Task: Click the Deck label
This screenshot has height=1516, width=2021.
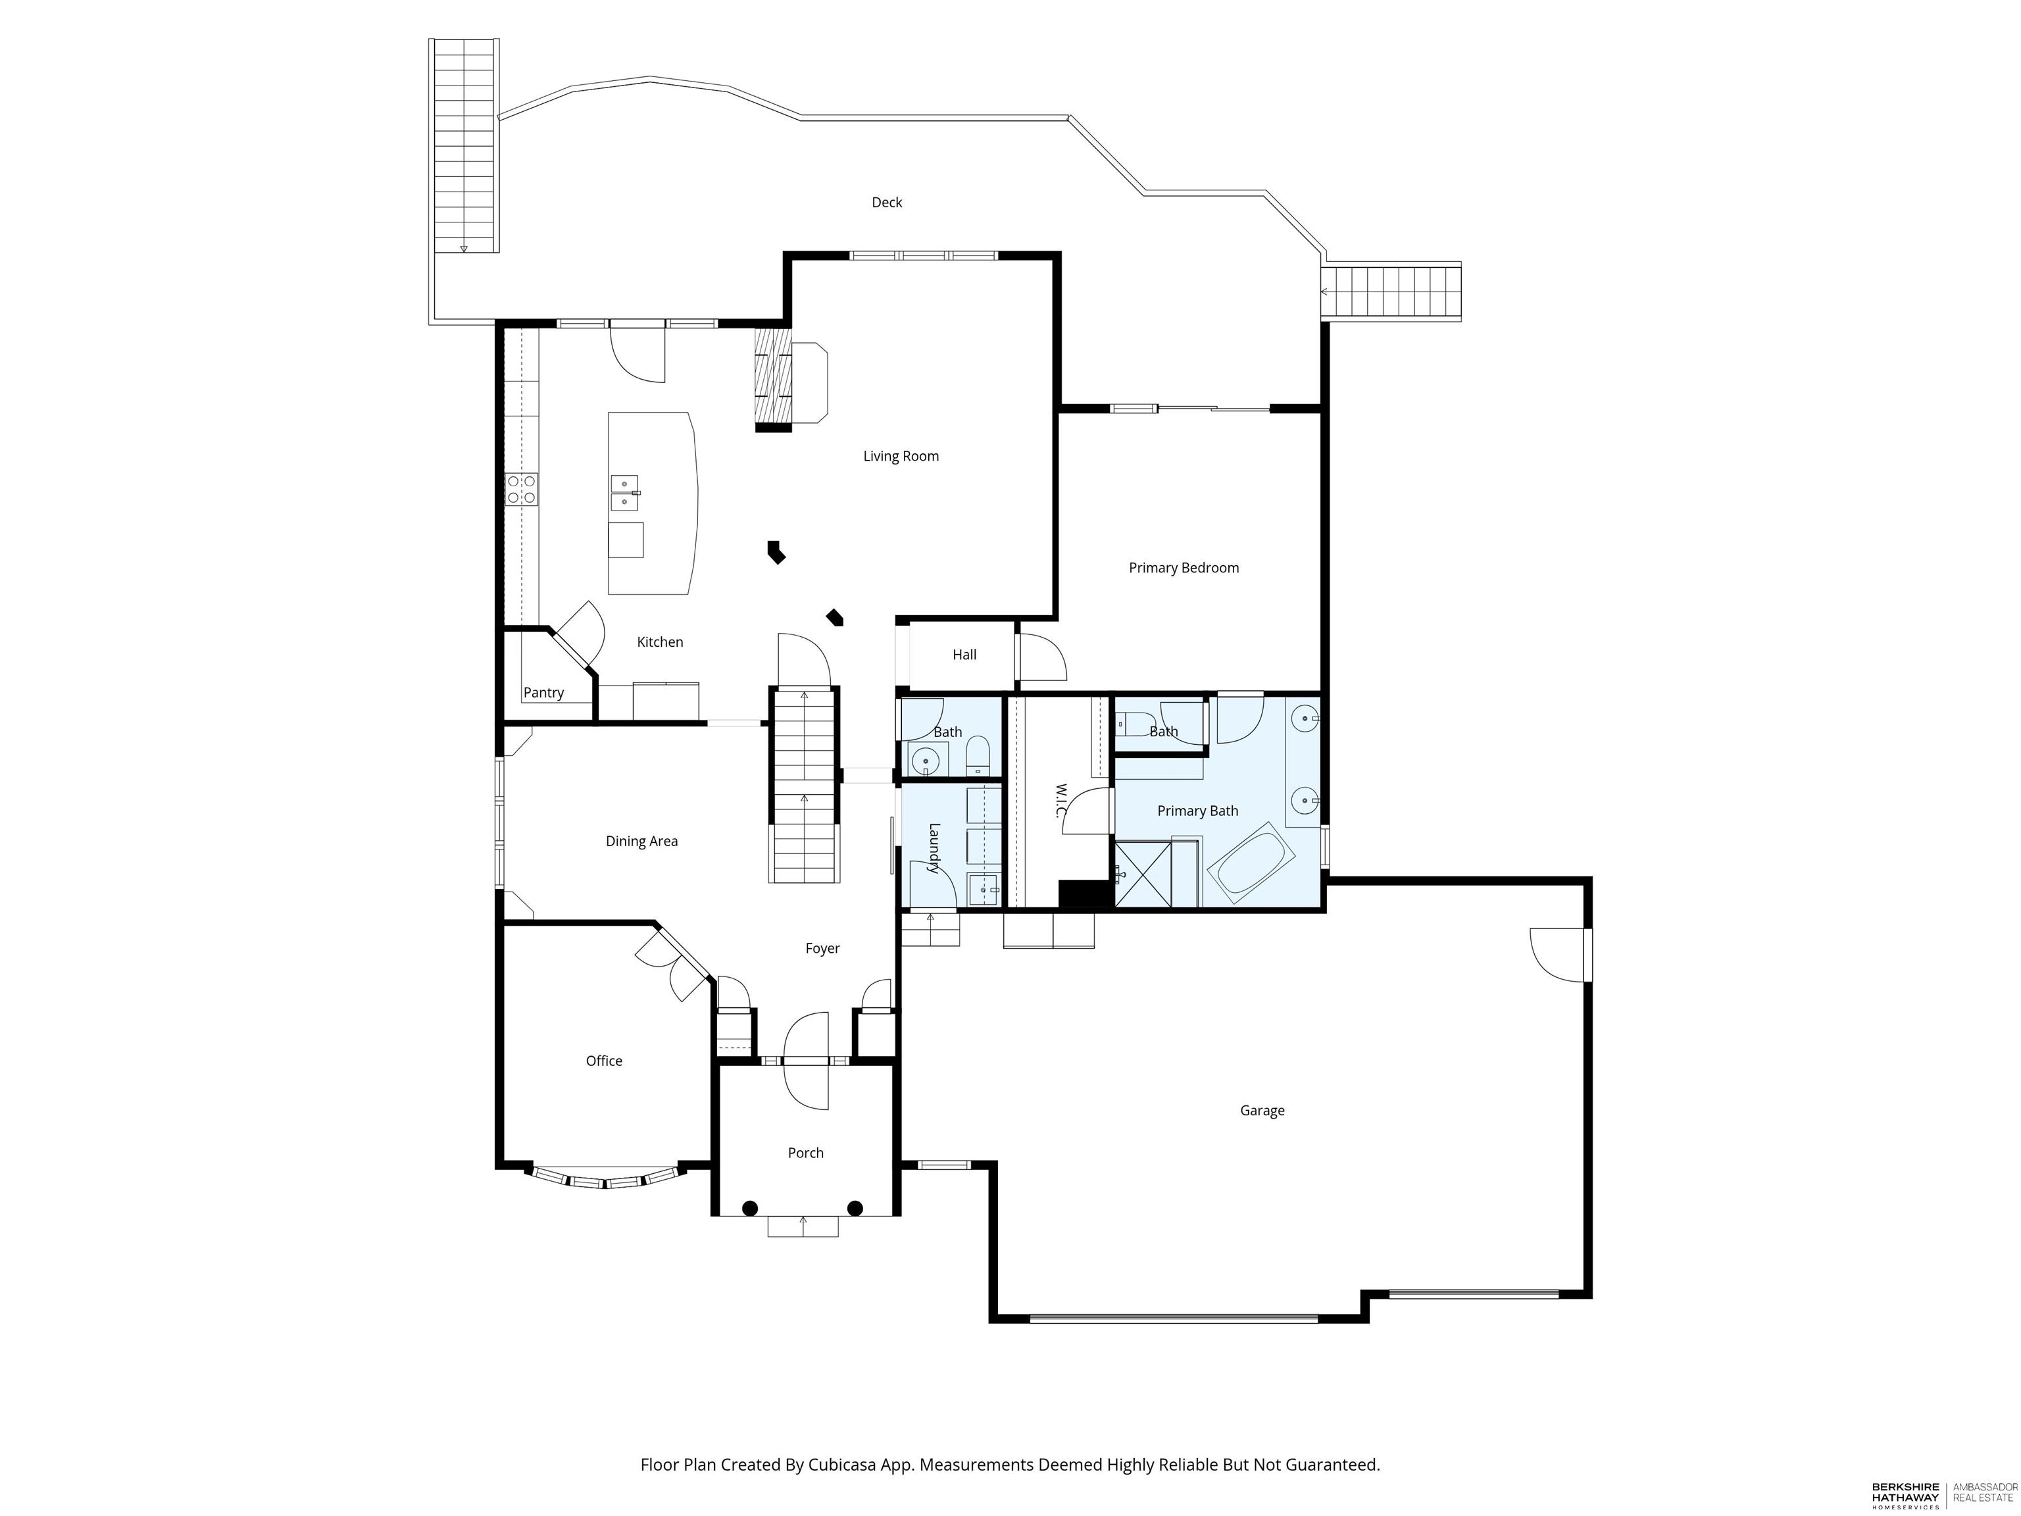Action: point(886,202)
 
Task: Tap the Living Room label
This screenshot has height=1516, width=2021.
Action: point(901,456)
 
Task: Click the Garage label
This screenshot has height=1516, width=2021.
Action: point(1262,1110)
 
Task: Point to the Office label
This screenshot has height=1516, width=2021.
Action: point(604,1060)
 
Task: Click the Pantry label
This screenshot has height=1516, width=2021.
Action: point(543,693)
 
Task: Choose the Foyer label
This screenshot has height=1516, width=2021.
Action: point(822,949)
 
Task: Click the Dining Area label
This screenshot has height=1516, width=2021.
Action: point(641,841)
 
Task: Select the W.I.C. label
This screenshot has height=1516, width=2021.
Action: point(1062,801)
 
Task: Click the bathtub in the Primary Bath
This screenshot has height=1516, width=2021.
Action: point(1251,863)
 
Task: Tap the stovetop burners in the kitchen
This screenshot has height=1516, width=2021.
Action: point(522,490)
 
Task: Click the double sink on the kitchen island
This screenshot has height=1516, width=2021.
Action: point(625,493)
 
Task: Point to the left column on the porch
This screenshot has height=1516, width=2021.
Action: point(750,1208)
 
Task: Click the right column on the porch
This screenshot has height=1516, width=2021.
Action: point(855,1208)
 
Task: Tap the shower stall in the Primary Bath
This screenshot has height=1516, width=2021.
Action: point(1143,874)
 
